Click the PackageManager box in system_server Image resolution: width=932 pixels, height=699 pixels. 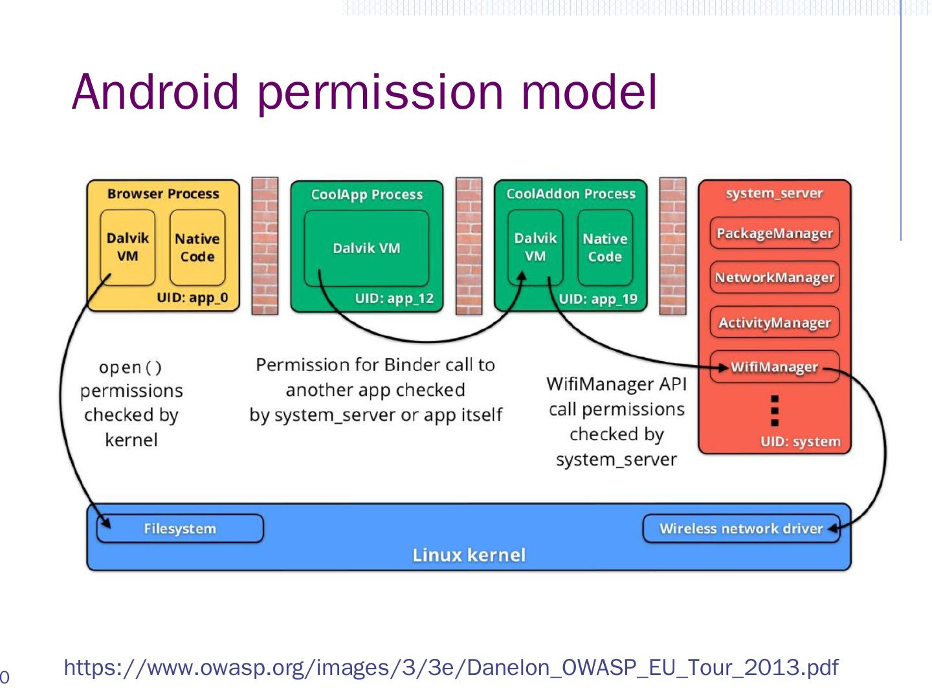(774, 234)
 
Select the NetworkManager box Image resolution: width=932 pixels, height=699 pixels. (774, 278)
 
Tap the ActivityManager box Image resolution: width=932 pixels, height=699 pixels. (774, 322)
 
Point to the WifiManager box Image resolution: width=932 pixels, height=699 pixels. (774, 367)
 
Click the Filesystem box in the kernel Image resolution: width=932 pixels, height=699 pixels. (180, 529)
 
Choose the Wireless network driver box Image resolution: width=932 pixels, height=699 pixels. (740, 529)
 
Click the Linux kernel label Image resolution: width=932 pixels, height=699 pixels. (469, 555)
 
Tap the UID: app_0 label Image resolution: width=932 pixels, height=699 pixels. (192, 299)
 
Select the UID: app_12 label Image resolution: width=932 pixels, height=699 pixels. (394, 299)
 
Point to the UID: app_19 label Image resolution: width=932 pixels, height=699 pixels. (598, 299)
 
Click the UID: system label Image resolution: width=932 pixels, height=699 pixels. (800, 442)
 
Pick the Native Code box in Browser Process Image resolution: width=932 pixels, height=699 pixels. (197, 248)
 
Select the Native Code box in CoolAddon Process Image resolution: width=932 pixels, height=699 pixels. (605, 248)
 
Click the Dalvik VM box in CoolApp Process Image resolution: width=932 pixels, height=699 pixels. (366, 249)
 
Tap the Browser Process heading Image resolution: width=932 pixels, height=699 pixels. (163, 194)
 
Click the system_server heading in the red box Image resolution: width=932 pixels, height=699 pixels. (774, 194)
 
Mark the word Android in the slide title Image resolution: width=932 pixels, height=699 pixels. (155, 92)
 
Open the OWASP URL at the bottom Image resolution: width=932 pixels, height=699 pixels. (451, 667)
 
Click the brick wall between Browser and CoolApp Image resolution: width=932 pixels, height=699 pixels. (265, 246)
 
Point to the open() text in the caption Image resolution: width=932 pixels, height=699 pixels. (130, 368)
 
